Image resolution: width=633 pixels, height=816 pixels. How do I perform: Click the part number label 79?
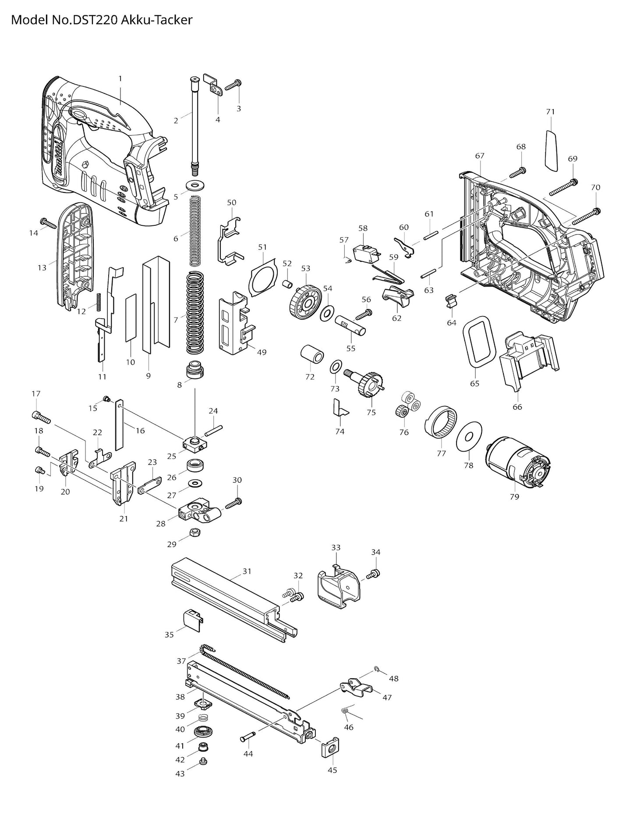coord(514,496)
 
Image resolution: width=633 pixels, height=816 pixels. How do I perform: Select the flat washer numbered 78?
coord(469,436)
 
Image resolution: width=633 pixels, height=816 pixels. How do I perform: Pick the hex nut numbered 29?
coord(194,532)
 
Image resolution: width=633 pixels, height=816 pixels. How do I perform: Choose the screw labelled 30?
coord(233,504)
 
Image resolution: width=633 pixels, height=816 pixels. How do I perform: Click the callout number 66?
coord(517,406)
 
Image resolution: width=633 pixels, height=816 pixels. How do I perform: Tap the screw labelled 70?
coord(585,216)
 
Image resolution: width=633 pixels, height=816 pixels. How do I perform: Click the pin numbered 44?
coord(248,738)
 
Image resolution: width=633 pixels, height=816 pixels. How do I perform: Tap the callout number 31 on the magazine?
coord(247,571)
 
